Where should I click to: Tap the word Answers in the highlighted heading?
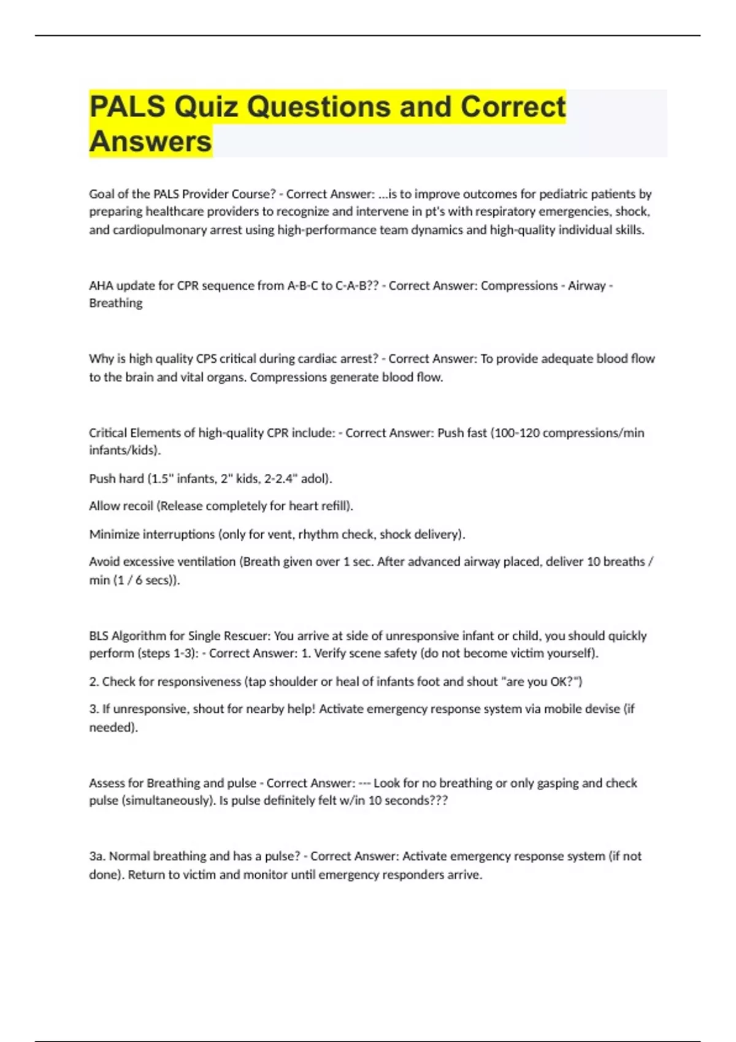pos(150,142)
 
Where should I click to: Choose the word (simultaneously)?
pos(168,801)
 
